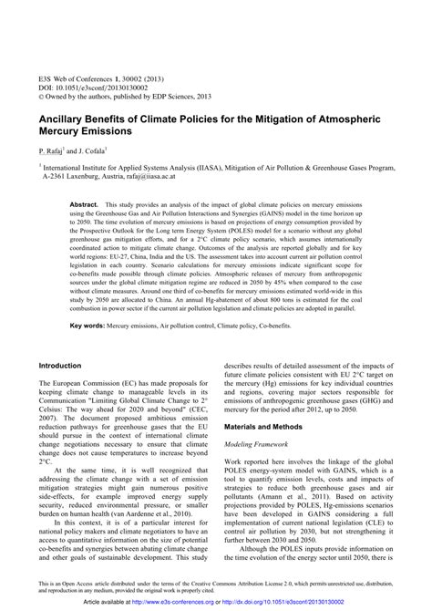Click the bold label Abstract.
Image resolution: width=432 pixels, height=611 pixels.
click(84, 206)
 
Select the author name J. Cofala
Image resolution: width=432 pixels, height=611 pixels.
click(92, 149)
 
